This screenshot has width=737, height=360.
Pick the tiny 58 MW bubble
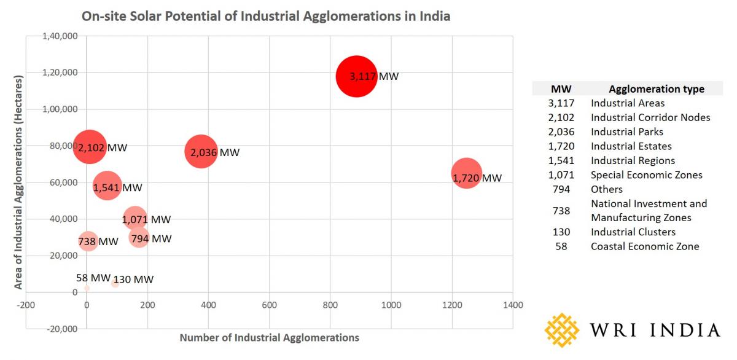pyautogui.click(x=87, y=288)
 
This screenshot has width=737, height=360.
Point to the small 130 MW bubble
pyautogui.click(x=115, y=284)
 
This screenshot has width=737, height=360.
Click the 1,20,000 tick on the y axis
pyautogui.click(x=60, y=72)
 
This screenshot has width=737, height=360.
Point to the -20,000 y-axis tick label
pyautogui.click(x=60, y=329)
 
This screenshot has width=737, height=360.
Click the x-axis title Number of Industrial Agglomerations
pyautogui.click(x=269, y=337)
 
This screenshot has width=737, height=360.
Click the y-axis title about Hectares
pyautogui.click(x=19, y=182)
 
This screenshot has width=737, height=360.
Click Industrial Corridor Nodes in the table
pyautogui.click(x=650, y=117)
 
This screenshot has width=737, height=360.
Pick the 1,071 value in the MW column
pyautogui.click(x=561, y=175)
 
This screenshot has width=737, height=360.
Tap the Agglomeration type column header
pyautogui.click(x=656, y=89)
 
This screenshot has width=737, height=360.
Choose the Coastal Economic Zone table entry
pyautogui.click(x=644, y=246)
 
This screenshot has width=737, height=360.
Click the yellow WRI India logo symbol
pyautogui.click(x=561, y=330)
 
